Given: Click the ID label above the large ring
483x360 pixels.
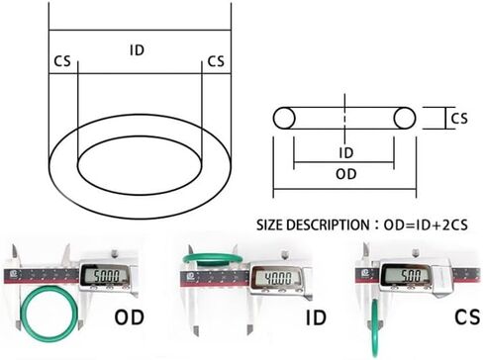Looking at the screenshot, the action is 137,50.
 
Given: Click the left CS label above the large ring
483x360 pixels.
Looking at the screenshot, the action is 62,61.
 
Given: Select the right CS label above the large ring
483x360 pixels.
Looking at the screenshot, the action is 216,61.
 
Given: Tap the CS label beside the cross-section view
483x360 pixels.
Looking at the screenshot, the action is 459,119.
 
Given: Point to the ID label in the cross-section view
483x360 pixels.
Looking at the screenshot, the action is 346,153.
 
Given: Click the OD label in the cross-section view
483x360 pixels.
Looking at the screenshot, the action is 346,174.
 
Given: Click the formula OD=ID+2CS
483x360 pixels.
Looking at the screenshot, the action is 426,225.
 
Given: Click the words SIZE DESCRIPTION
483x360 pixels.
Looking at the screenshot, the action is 313,225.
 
